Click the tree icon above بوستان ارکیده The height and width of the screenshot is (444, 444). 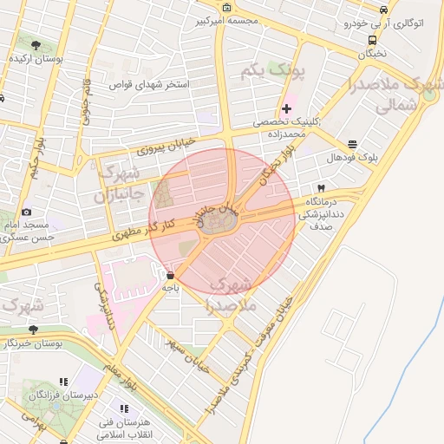click(36, 44)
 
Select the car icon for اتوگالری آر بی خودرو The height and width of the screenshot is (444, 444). click(382, 10)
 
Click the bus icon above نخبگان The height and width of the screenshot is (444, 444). click(372, 40)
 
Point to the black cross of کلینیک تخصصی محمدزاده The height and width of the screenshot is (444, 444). click(287, 108)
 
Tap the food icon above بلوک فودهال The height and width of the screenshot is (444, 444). click(351, 145)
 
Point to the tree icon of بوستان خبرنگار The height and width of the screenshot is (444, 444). click(33, 330)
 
